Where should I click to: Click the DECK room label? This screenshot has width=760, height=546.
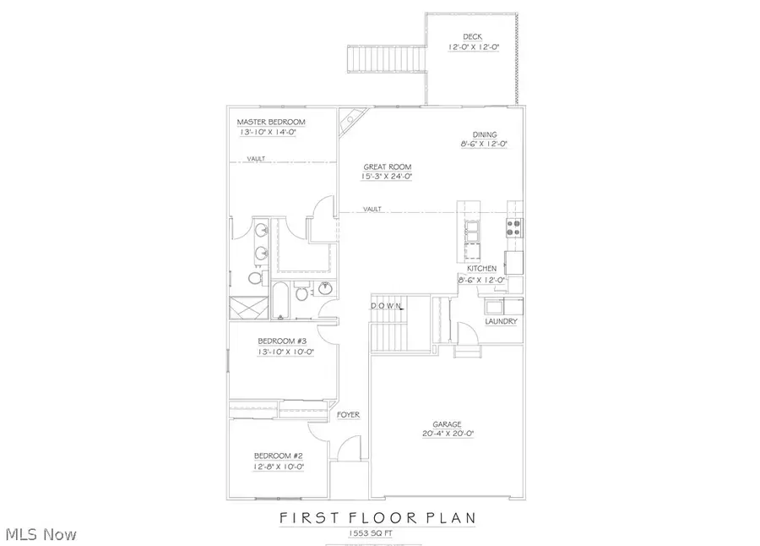coord(472,35)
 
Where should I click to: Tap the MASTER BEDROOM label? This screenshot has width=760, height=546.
coord(270,122)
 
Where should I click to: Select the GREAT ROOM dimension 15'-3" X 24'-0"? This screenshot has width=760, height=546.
coord(388,177)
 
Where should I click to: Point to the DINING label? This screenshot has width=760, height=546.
coord(485,134)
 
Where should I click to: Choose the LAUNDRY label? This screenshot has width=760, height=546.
coord(501,322)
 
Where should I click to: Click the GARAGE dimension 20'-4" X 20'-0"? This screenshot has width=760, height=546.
coord(448,434)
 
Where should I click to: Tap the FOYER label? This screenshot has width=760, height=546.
coord(349,415)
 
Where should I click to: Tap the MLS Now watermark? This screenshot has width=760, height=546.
coord(41,534)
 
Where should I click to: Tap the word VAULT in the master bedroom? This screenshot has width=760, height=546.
coord(258,159)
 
